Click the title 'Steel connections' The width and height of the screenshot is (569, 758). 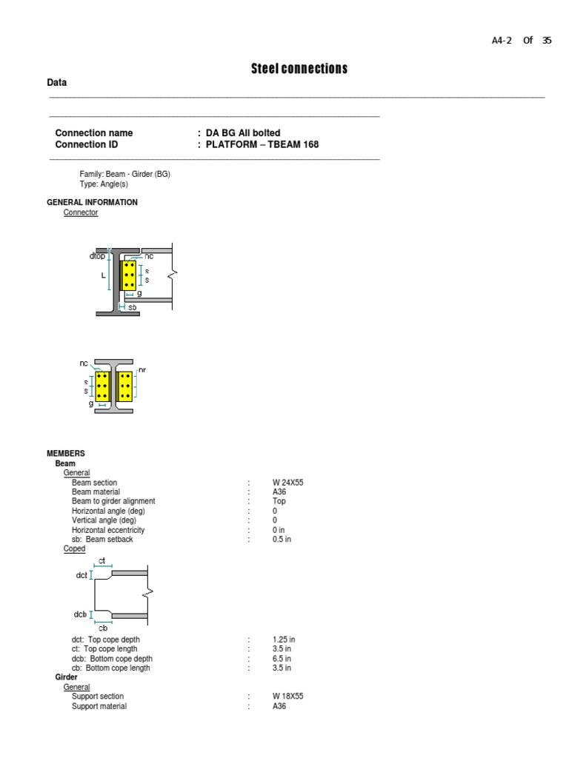pos(299,69)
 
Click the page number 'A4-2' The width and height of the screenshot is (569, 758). pos(502,41)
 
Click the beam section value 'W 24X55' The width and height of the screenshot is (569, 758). pos(287,483)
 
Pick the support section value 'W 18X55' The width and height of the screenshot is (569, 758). pos(287,697)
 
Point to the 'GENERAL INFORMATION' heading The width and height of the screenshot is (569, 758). pos(92,202)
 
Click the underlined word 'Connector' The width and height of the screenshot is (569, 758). pos(81,212)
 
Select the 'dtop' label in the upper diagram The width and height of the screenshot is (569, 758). pos(97,256)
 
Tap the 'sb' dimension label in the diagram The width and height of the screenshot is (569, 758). pos(132,306)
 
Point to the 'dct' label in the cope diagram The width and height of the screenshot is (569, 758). pos(81,575)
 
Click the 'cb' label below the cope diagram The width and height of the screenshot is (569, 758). pos(103,628)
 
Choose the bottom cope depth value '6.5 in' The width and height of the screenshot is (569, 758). pos(282,659)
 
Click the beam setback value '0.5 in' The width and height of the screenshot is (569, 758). pos(282,540)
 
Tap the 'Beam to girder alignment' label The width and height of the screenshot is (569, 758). pos(113,501)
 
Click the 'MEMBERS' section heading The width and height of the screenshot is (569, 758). pos(66,453)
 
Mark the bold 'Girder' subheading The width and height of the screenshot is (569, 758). pos(67,677)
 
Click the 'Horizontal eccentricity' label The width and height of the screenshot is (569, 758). pos(108,530)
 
